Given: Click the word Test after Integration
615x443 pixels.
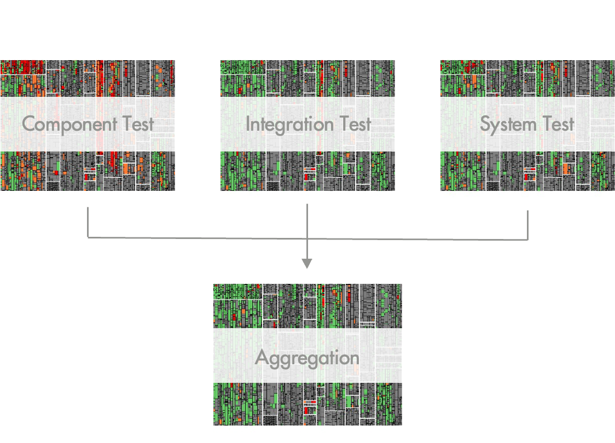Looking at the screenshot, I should click(x=353, y=124).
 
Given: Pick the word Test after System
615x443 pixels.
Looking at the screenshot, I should click(x=557, y=124).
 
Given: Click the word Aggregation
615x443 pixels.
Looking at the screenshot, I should click(x=307, y=358).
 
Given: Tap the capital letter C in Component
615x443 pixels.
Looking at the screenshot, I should click(x=28, y=124).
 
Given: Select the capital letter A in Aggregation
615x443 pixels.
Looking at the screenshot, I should click(x=262, y=358).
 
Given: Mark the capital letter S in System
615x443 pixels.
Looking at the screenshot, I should click(x=485, y=124).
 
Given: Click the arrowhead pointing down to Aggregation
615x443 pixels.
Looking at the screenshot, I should click(x=307, y=263).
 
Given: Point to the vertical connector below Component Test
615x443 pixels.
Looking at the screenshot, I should click(x=88, y=221).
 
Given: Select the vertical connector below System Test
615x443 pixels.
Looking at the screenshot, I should click(x=528, y=224).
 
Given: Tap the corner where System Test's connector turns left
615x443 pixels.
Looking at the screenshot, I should click(x=528, y=240).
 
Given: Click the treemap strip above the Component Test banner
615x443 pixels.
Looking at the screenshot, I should click(x=88, y=78).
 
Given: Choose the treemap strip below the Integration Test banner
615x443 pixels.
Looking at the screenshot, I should click(x=307, y=171).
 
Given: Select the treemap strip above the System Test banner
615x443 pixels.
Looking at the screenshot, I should click(x=527, y=78).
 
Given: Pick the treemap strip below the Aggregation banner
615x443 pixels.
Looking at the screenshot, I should click(x=307, y=404).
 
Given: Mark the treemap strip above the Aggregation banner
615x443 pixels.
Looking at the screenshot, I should click(x=307, y=306).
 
